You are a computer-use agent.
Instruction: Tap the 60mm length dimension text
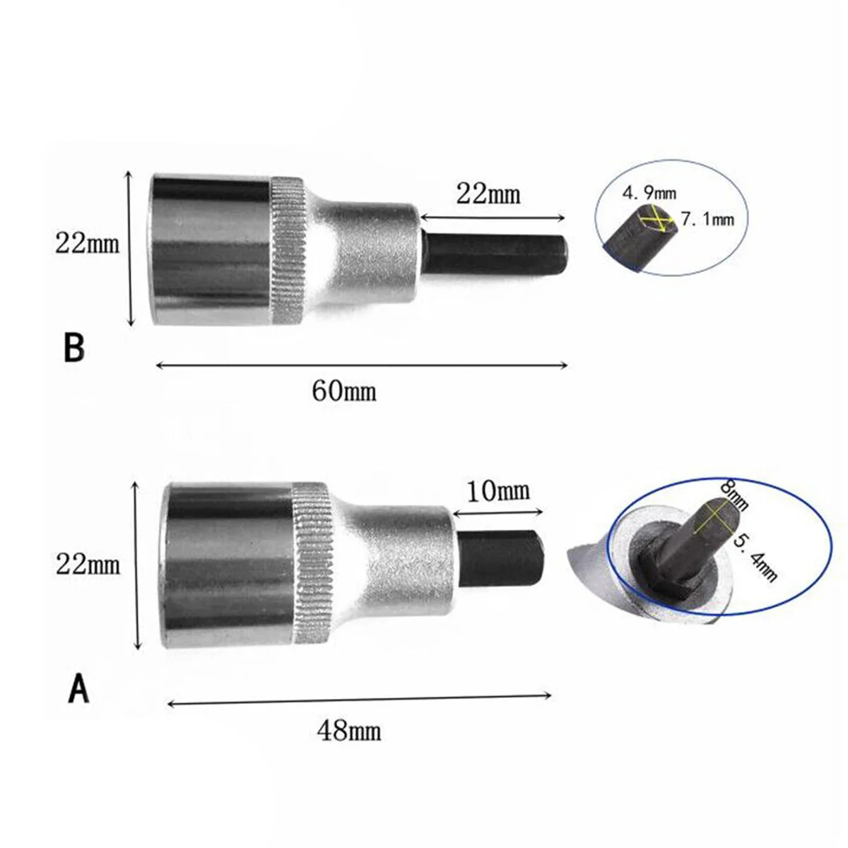click(x=344, y=389)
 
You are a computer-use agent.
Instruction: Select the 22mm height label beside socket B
click(x=88, y=245)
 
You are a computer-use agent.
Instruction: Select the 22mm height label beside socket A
click(x=88, y=563)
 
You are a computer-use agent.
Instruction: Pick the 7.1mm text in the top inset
click(x=707, y=220)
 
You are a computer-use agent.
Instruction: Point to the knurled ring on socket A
click(x=312, y=563)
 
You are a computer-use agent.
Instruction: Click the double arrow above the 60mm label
click(x=360, y=365)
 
